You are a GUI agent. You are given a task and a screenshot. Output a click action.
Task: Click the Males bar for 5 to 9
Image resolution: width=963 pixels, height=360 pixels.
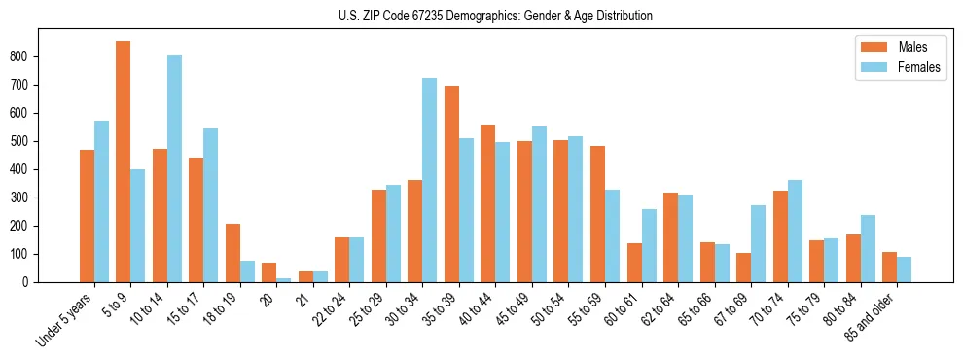click(x=124, y=162)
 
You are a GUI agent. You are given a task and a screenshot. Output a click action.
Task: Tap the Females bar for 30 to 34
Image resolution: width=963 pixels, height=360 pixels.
click(x=429, y=180)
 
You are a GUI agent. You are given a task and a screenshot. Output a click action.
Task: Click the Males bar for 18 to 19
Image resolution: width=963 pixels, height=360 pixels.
click(x=232, y=253)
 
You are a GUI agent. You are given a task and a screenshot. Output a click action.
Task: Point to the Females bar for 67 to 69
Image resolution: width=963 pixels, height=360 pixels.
click(x=758, y=243)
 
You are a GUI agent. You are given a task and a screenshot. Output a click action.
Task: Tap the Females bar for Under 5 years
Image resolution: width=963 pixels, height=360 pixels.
click(x=101, y=201)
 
